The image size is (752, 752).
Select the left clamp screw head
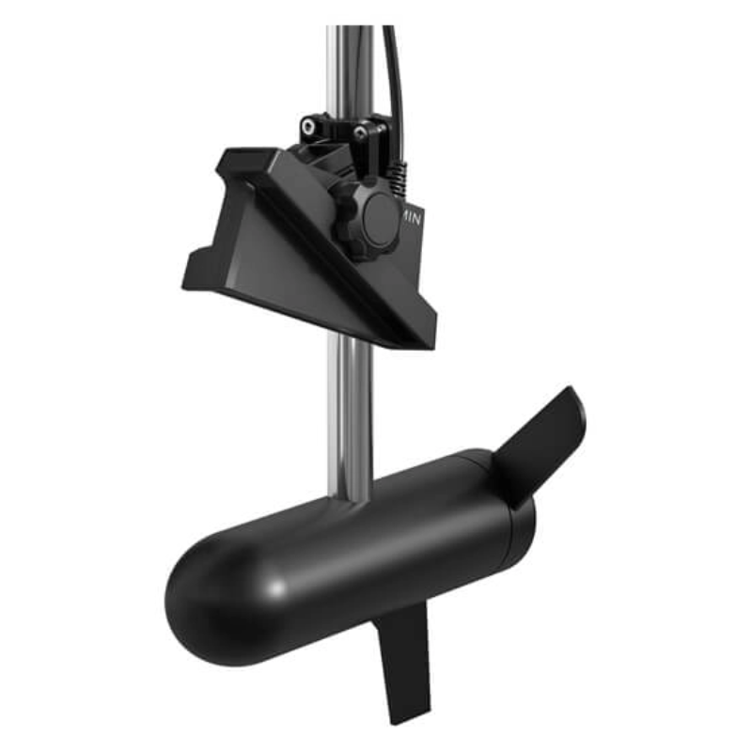click(307, 124)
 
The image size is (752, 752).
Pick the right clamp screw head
click(361, 134)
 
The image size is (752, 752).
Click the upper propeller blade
click(541, 436)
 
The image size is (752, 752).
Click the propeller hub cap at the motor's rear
click(512, 512)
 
